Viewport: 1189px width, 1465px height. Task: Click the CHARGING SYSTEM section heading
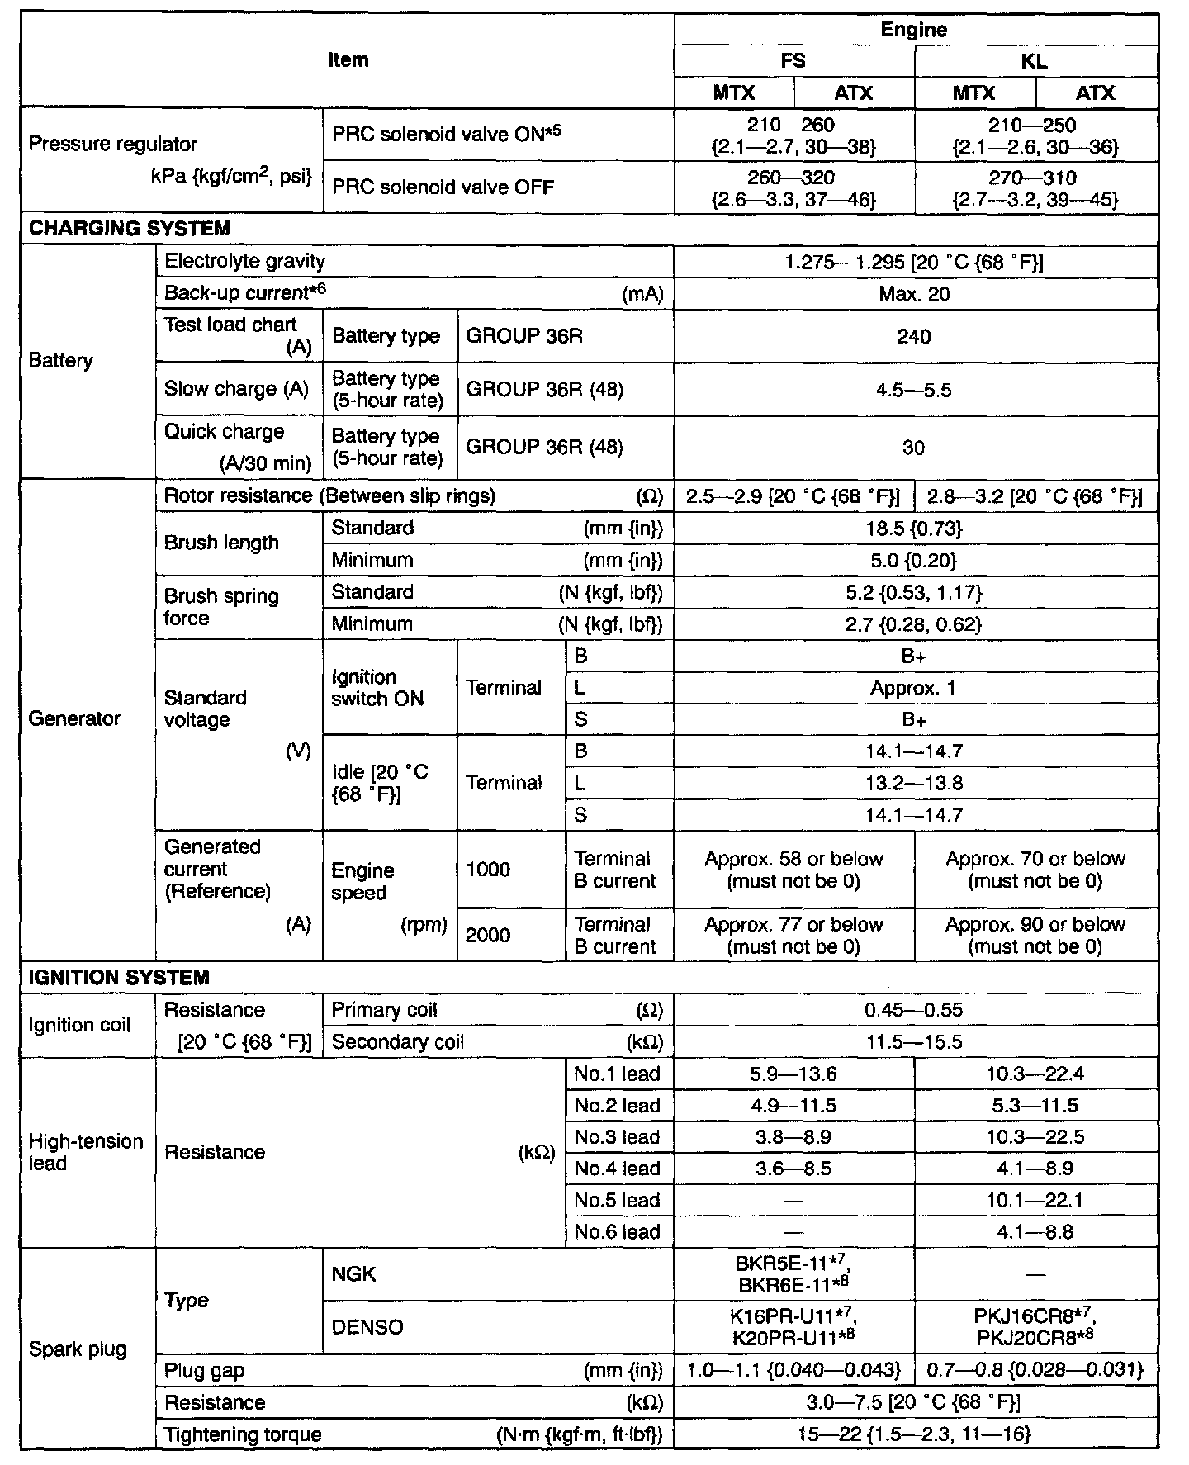pyautogui.click(x=130, y=229)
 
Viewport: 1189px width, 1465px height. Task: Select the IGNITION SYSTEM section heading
pyautogui.click(x=119, y=978)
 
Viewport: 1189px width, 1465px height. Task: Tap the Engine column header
pyautogui.click(x=914, y=30)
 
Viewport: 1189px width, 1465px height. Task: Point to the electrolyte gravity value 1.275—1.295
pyautogui.click(x=914, y=262)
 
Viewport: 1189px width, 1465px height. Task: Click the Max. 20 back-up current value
pyautogui.click(x=914, y=294)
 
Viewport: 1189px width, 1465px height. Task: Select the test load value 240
pyautogui.click(x=914, y=337)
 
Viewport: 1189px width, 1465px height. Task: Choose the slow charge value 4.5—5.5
pyautogui.click(x=914, y=390)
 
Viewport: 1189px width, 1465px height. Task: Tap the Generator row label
pyautogui.click(x=74, y=718)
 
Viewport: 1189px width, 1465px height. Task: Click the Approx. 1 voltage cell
pyautogui.click(x=914, y=688)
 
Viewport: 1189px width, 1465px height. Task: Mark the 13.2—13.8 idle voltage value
pyautogui.click(x=914, y=783)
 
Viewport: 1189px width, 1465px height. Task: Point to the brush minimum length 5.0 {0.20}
pyautogui.click(x=914, y=561)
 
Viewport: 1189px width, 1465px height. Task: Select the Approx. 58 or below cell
pyautogui.click(x=793, y=870)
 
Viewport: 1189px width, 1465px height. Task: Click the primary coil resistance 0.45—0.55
pyautogui.click(x=914, y=1010)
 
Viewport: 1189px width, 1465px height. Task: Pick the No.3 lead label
pyautogui.click(x=618, y=1137)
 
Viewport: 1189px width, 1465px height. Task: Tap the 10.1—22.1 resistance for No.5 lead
pyautogui.click(x=1035, y=1200)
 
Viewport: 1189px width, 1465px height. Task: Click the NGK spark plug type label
pyautogui.click(x=354, y=1274)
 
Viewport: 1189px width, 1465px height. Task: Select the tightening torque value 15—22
pyautogui.click(x=914, y=1434)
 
